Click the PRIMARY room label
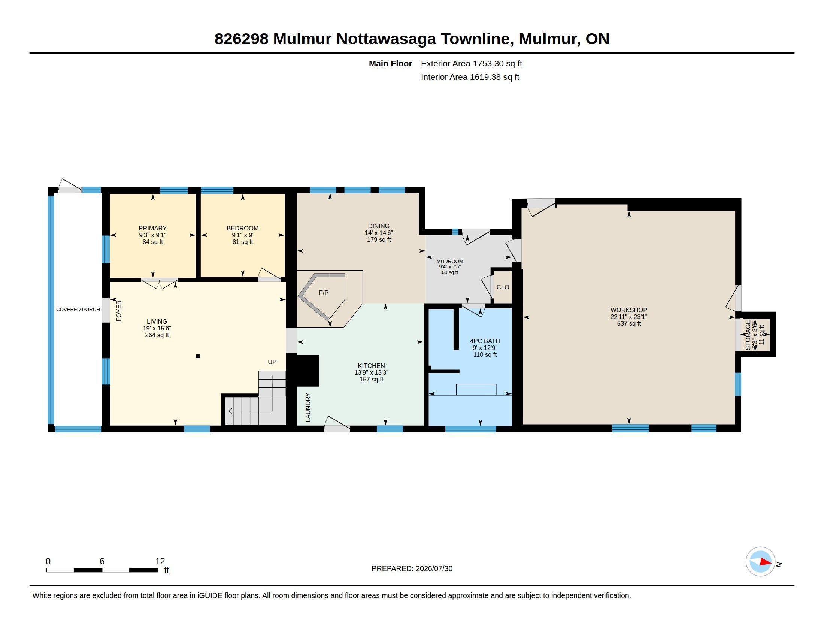pyautogui.click(x=152, y=228)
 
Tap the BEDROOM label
pyautogui.click(x=243, y=228)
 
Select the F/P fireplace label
pyautogui.click(x=324, y=293)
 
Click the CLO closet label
pyautogui.click(x=503, y=287)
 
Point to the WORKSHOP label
pyautogui.click(x=629, y=310)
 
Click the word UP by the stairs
pyautogui.click(x=272, y=362)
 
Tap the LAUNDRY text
pyautogui.click(x=308, y=408)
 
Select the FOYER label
pyautogui.click(x=119, y=311)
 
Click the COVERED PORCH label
pyautogui.click(x=78, y=310)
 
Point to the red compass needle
pyautogui.click(x=766, y=562)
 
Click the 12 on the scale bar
pyautogui.click(x=160, y=561)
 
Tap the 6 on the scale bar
pyautogui.click(x=102, y=561)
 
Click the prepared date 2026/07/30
pyautogui.click(x=434, y=569)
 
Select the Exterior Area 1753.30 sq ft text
pyautogui.click(x=472, y=64)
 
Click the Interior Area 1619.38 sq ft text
pyautogui.click(x=470, y=77)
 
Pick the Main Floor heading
pyautogui.click(x=391, y=64)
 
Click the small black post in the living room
pyautogui.click(x=198, y=356)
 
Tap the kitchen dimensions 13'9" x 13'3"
pyautogui.click(x=371, y=372)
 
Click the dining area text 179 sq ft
pyautogui.click(x=379, y=240)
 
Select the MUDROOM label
pyautogui.click(x=450, y=262)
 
